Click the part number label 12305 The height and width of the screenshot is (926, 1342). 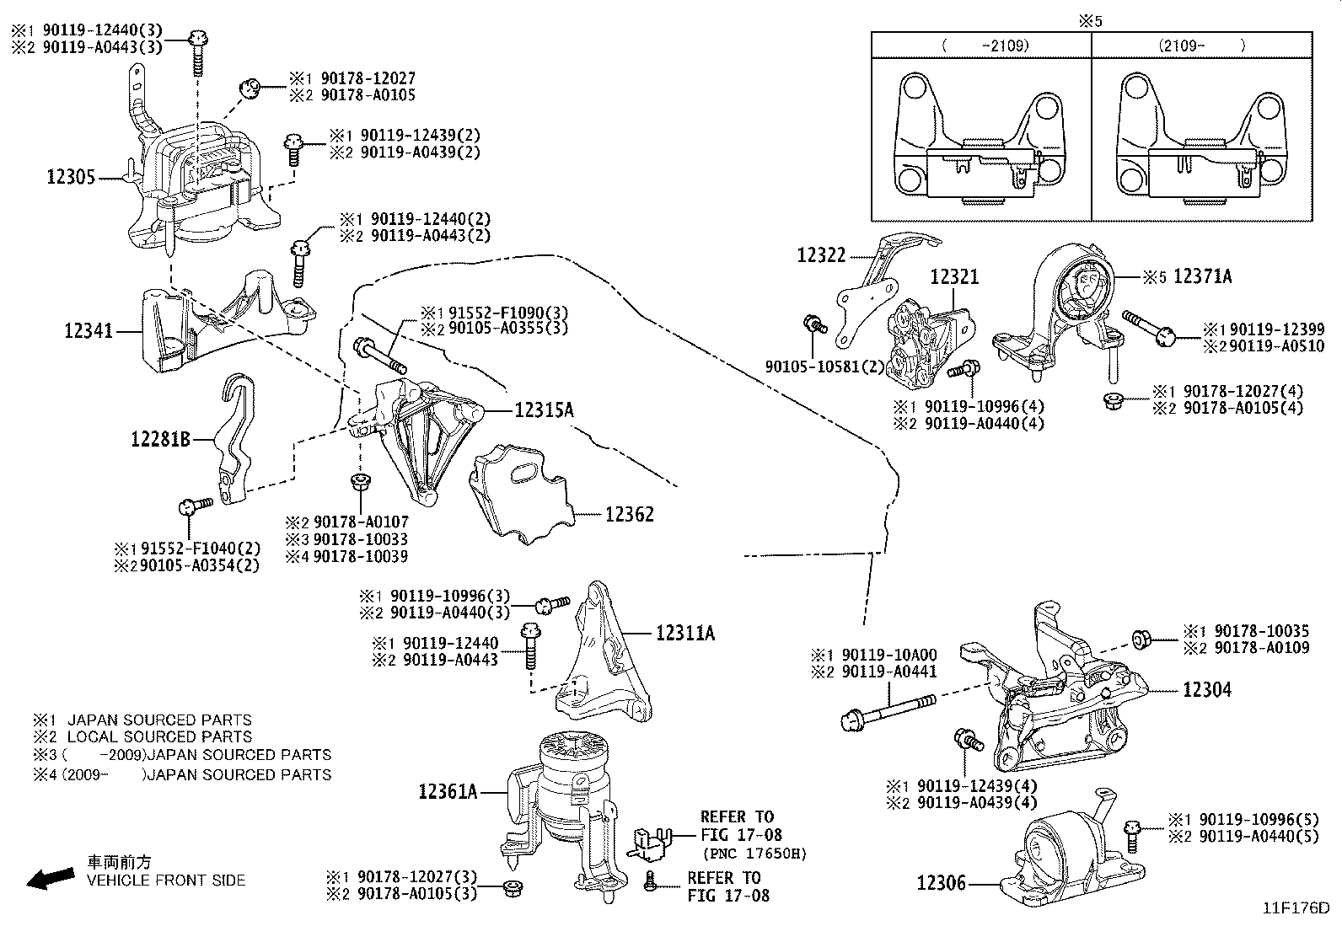pyautogui.click(x=72, y=177)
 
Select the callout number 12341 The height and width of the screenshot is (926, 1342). pyautogui.click(x=89, y=332)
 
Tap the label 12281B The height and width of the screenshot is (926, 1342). pyautogui.click(x=161, y=438)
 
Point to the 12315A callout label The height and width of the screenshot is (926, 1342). pyautogui.click(x=544, y=410)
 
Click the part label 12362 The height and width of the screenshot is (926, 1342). pyautogui.click(x=629, y=514)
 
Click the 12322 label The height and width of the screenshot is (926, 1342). pyautogui.click(x=821, y=254)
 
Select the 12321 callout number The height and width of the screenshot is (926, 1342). pyautogui.click(x=954, y=277)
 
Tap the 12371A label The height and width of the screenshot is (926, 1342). pyautogui.click(x=1202, y=276)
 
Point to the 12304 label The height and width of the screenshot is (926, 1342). pyautogui.click(x=1206, y=690)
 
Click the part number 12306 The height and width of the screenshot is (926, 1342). pyautogui.click(x=941, y=883)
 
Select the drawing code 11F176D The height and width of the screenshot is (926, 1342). pyautogui.click(x=1296, y=908)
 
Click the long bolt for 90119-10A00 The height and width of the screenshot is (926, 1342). pyautogui.click(x=889, y=709)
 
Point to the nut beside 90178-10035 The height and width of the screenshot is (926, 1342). pyautogui.click(x=1142, y=639)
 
